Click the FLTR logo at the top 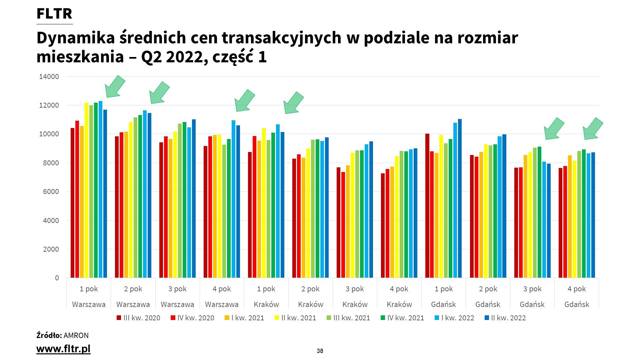pyautogui.click(x=54, y=14)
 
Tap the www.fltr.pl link pyautogui.click(x=63, y=349)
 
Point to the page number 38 pyautogui.click(x=320, y=351)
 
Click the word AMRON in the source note pyautogui.click(x=76, y=335)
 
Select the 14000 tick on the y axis pyautogui.click(x=49, y=77)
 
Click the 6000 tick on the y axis pyautogui.click(x=51, y=192)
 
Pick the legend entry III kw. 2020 pyautogui.click(x=138, y=318)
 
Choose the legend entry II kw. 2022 pyautogui.click(x=505, y=318)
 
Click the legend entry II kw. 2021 pyautogui.click(x=295, y=318)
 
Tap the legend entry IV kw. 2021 pyautogui.click(x=402, y=318)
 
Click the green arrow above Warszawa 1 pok pyautogui.click(x=115, y=87)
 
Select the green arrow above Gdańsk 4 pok pyautogui.click(x=593, y=129)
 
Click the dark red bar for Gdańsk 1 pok pyautogui.click(x=427, y=206)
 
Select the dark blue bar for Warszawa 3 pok pyautogui.click(x=194, y=198)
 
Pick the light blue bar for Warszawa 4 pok pyautogui.click(x=233, y=199)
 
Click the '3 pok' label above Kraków pyautogui.click(x=355, y=289)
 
